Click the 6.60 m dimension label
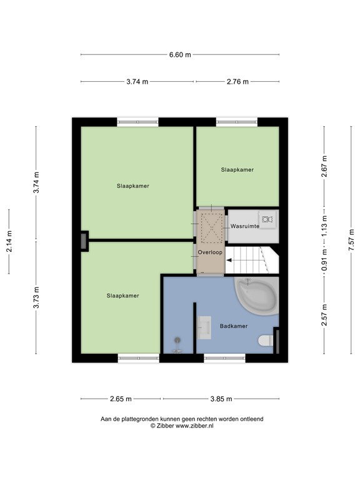pyautogui.click(x=179, y=55)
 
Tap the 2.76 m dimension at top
pyautogui.click(x=237, y=82)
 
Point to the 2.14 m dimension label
pyautogui.click(x=9, y=241)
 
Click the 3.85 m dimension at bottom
pyautogui.click(x=220, y=399)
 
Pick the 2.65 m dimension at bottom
pyautogui.click(x=121, y=399)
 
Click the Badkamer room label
pyautogui.click(x=233, y=326)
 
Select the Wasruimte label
pyautogui.click(x=245, y=226)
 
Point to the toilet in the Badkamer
pyautogui.click(x=265, y=341)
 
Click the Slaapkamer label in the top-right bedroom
pyautogui.click(x=237, y=169)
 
